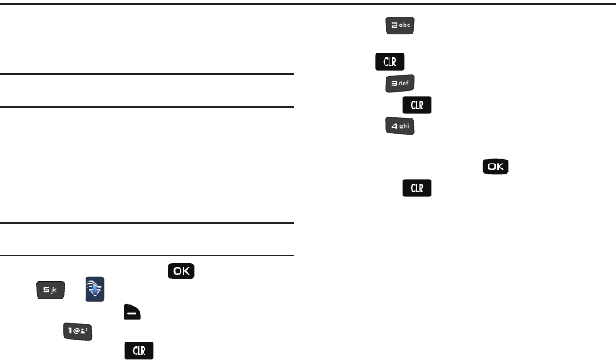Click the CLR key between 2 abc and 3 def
[x=389, y=61]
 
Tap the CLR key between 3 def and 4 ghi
[x=416, y=104]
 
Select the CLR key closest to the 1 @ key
[x=138, y=350]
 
